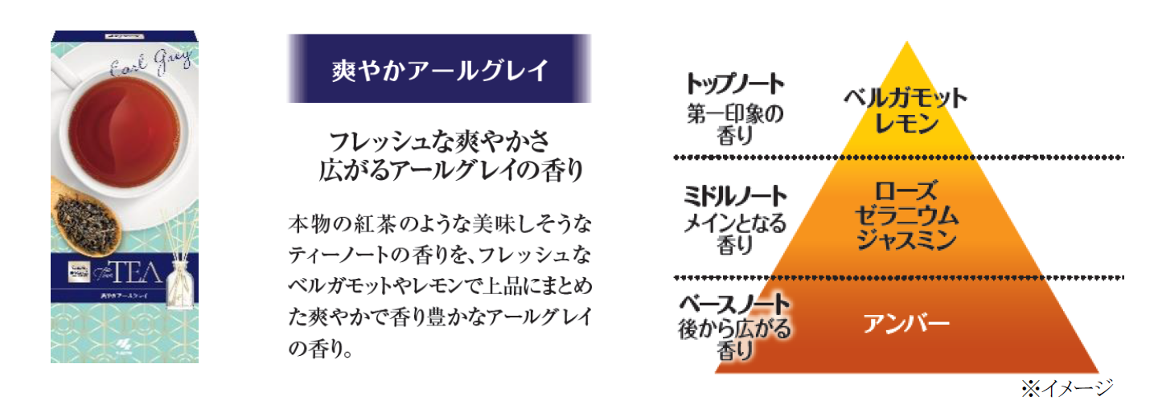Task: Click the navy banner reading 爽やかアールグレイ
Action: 439,69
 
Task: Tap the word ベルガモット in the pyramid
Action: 905,99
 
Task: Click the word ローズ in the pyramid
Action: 906,191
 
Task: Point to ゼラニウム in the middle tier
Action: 906,215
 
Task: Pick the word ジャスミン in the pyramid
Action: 906,239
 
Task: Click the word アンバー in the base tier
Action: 906,324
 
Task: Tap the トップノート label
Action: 734,84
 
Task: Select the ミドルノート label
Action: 734,195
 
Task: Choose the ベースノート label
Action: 734,306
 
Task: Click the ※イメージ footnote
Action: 1066,389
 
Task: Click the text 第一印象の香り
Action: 734,124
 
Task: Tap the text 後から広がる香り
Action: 734,340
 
